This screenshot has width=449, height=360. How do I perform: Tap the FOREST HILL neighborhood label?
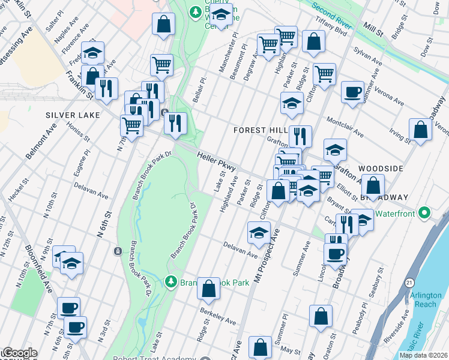pos(256,130)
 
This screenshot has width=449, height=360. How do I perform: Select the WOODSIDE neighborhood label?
pos(380,169)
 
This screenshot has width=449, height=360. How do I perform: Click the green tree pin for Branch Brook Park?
pos(171,282)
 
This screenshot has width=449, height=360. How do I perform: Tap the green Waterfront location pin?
pos(424,213)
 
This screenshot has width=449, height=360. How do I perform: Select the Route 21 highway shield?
pos(409,282)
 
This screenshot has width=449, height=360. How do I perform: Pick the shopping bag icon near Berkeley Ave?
pos(208,289)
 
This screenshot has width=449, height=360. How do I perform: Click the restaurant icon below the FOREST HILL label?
pos(300,136)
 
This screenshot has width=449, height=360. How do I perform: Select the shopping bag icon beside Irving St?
pos(420,130)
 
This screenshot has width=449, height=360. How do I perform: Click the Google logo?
pos(19,353)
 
